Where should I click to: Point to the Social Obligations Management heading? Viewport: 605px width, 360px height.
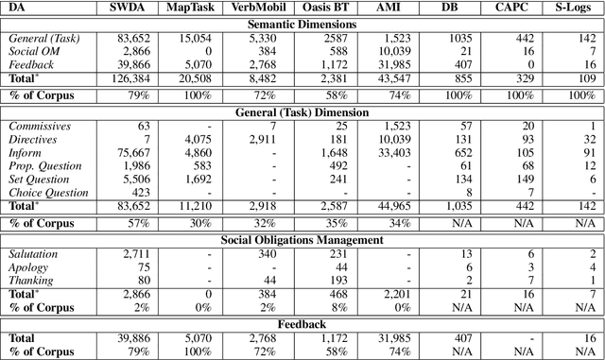coord(302,240)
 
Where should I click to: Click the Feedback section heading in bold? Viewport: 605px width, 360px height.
coord(302,322)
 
